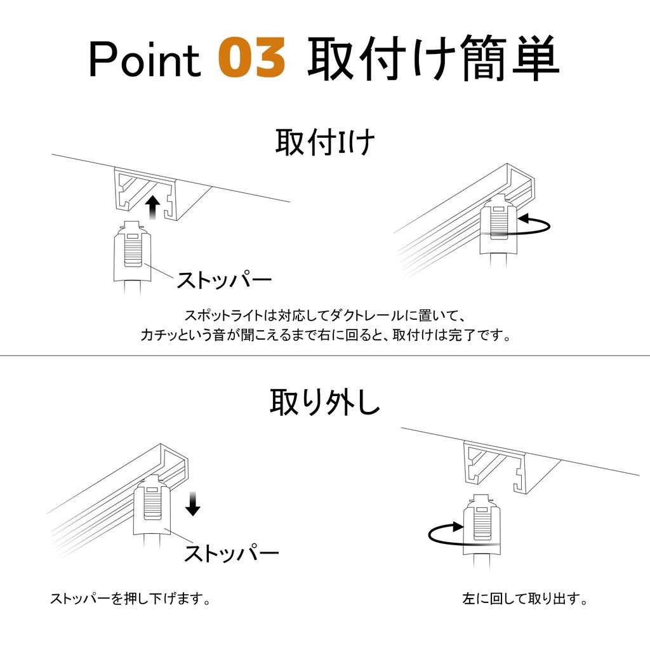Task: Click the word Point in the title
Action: coord(145,58)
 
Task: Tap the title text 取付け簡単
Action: coord(433,57)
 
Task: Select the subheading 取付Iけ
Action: coord(325,142)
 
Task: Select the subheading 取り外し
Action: coord(325,402)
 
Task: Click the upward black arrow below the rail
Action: coord(154,208)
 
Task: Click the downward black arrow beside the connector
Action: coord(193,503)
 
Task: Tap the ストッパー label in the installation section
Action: coord(224,279)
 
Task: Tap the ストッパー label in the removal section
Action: coord(231,553)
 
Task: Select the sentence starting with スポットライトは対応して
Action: coord(326,315)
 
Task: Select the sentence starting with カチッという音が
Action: coord(326,335)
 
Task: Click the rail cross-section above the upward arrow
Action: coord(146,194)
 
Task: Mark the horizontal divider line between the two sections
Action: coord(325,355)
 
